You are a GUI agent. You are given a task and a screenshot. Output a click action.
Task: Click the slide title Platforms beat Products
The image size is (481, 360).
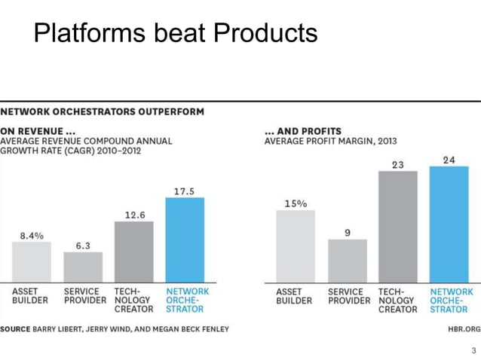[175, 32]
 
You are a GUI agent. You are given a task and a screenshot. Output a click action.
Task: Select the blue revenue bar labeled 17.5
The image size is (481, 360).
[185, 239]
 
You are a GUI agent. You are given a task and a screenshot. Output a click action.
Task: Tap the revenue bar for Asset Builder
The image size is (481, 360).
[31, 261]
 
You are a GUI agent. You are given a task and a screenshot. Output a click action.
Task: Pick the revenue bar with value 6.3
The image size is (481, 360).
[83, 267]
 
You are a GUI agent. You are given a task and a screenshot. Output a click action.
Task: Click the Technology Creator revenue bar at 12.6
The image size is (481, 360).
[134, 252]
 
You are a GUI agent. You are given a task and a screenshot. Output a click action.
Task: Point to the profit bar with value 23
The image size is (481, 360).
[397, 227]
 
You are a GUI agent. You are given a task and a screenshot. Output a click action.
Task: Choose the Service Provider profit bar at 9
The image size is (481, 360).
[347, 261]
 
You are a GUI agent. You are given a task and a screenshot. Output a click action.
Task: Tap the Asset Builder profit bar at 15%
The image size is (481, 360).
[296, 246]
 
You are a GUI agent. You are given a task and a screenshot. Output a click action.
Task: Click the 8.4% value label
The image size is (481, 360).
[32, 236]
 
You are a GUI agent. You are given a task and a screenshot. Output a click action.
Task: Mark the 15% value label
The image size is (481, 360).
[295, 204]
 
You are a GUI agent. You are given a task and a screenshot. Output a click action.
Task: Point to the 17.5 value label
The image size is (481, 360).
[185, 191]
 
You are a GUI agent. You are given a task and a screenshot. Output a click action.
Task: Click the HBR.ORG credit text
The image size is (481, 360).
[463, 329]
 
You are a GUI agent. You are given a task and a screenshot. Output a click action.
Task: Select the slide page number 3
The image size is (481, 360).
[473, 350]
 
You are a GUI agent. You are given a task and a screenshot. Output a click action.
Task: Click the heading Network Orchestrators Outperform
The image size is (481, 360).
[103, 111]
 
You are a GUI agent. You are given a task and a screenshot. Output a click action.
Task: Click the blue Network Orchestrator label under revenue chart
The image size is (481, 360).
[187, 300]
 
